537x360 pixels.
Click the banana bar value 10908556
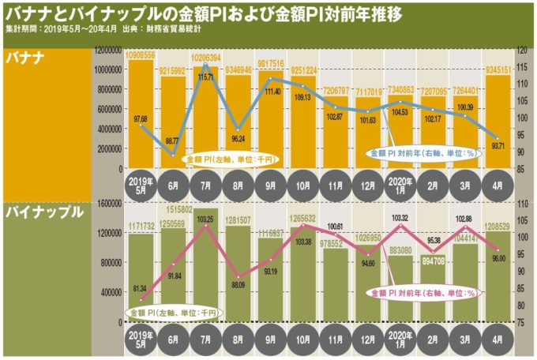coord(141,56)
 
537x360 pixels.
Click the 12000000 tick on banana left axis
coord(107,49)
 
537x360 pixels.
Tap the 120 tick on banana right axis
coord(523,49)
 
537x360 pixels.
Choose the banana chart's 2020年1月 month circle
coord(397,188)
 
